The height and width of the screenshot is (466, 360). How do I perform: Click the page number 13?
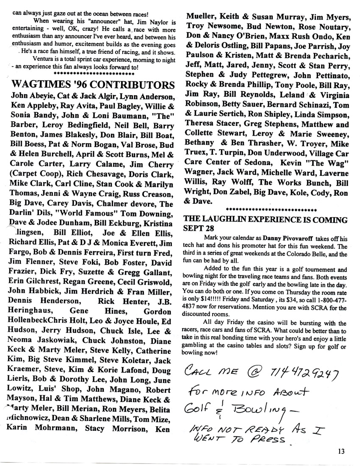341,451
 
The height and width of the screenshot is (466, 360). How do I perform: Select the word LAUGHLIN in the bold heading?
224,220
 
